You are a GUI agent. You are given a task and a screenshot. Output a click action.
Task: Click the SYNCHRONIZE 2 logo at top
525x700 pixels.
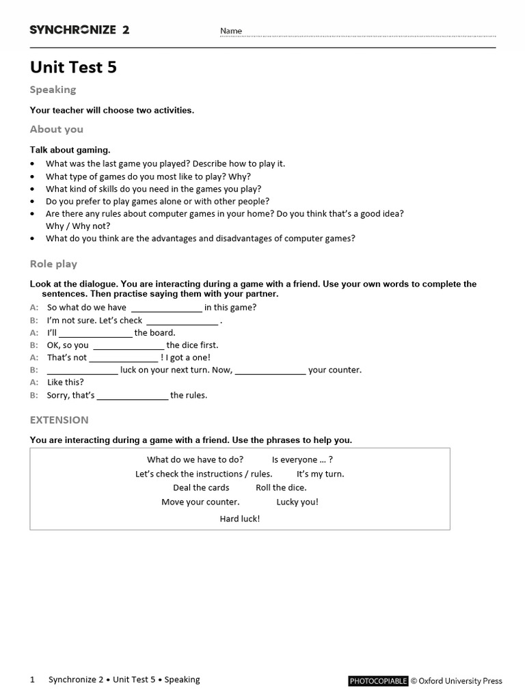click(x=79, y=29)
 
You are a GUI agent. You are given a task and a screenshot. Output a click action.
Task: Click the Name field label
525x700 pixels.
click(x=231, y=31)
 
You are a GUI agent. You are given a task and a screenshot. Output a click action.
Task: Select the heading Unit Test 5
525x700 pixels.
click(x=73, y=67)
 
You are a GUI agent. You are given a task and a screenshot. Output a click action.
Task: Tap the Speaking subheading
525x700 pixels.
click(x=53, y=90)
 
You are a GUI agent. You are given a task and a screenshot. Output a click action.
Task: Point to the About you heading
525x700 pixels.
click(x=56, y=129)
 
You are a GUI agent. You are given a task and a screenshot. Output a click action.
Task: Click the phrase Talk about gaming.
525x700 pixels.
click(x=70, y=150)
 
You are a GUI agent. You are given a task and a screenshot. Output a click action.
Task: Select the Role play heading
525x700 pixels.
click(x=53, y=264)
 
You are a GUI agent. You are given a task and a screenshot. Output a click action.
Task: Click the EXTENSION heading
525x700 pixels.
click(x=59, y=420)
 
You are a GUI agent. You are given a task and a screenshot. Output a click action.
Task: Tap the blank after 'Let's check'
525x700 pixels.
click(x=182, y=321)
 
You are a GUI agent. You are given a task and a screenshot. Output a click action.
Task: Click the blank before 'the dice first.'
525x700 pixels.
click(x=128, y=346)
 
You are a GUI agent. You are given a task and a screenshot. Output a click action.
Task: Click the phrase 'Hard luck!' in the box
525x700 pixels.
click(x=240, y=519)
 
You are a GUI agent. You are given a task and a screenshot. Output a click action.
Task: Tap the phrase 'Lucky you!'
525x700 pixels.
click(x=297, y=502)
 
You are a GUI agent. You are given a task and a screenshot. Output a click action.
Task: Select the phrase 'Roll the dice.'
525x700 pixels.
click(x=281, y=487)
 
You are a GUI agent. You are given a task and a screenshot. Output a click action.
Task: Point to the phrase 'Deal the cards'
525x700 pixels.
click(x=201, y=487)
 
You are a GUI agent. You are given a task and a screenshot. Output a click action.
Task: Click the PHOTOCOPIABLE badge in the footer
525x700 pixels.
click(x=378, y=681)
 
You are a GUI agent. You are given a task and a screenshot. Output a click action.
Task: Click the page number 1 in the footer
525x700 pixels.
click(x=32, y=679)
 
